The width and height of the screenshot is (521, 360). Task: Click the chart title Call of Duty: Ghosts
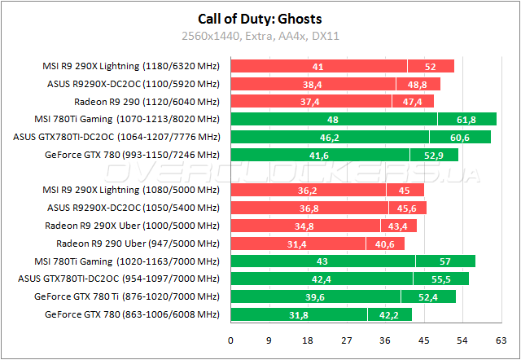pos(260,20)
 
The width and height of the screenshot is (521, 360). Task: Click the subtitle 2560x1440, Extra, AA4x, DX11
pos(260,37)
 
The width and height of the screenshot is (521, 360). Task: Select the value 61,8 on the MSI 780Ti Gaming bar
pos(466,119)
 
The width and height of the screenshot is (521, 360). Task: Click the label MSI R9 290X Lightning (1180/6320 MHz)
pos(131,66)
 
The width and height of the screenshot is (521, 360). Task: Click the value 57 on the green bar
pos(445,261)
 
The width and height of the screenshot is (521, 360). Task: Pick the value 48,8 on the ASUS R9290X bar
pos(418,84)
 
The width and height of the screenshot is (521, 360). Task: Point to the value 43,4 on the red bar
pos(398,226)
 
